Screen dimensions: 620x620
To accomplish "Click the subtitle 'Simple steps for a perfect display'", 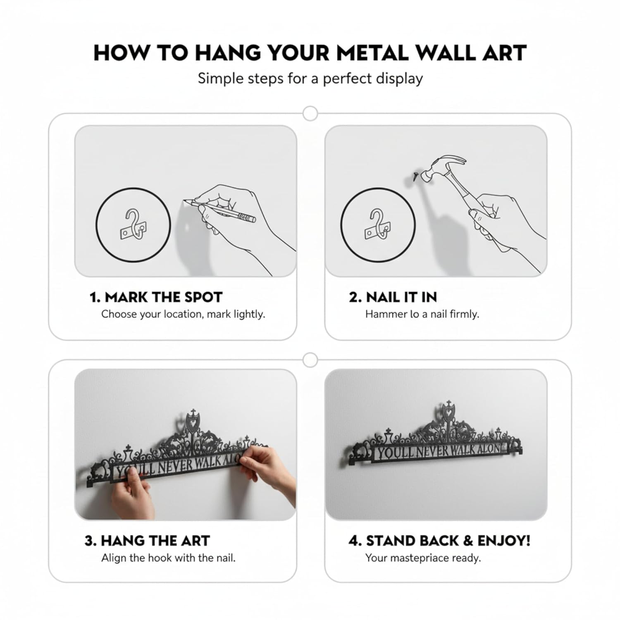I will tap(310, 79).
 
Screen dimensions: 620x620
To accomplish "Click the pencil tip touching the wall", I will tap(184, 201).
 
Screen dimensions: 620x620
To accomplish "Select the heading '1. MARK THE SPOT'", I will tap(156, 297).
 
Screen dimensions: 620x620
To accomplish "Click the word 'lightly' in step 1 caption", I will tap(249, 314).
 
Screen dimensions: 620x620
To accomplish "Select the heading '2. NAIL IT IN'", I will tap(393, 297).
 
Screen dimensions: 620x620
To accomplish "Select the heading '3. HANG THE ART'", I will tap(147, 541).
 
